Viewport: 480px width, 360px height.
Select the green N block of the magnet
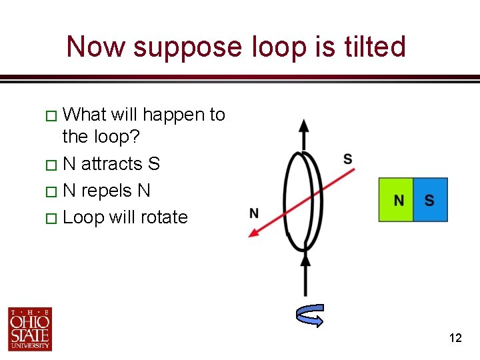(396, 200)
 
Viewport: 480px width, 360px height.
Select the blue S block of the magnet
(430, 200)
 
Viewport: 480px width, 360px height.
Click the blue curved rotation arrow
(310, 316)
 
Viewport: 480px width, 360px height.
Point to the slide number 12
(455, 338)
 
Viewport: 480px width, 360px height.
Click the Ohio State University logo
(30, 329)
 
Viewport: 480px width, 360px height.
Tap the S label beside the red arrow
(347, 159)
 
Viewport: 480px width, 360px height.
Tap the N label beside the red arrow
(254, 213)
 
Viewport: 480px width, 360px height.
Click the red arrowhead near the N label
(254, 231)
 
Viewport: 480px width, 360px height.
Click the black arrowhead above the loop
(304, 126)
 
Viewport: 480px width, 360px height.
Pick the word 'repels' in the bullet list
(107, 191)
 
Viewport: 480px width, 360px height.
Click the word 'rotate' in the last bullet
(162, 217)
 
